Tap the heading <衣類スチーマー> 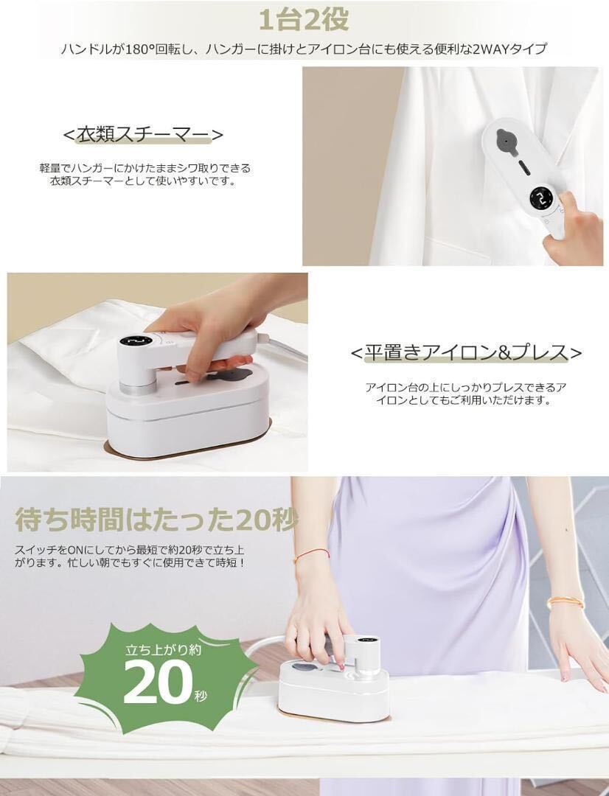143,135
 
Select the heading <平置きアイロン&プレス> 466,352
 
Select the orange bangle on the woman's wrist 565,601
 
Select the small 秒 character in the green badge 201,695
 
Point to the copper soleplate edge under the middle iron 188,447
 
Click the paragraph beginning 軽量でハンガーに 145,174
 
